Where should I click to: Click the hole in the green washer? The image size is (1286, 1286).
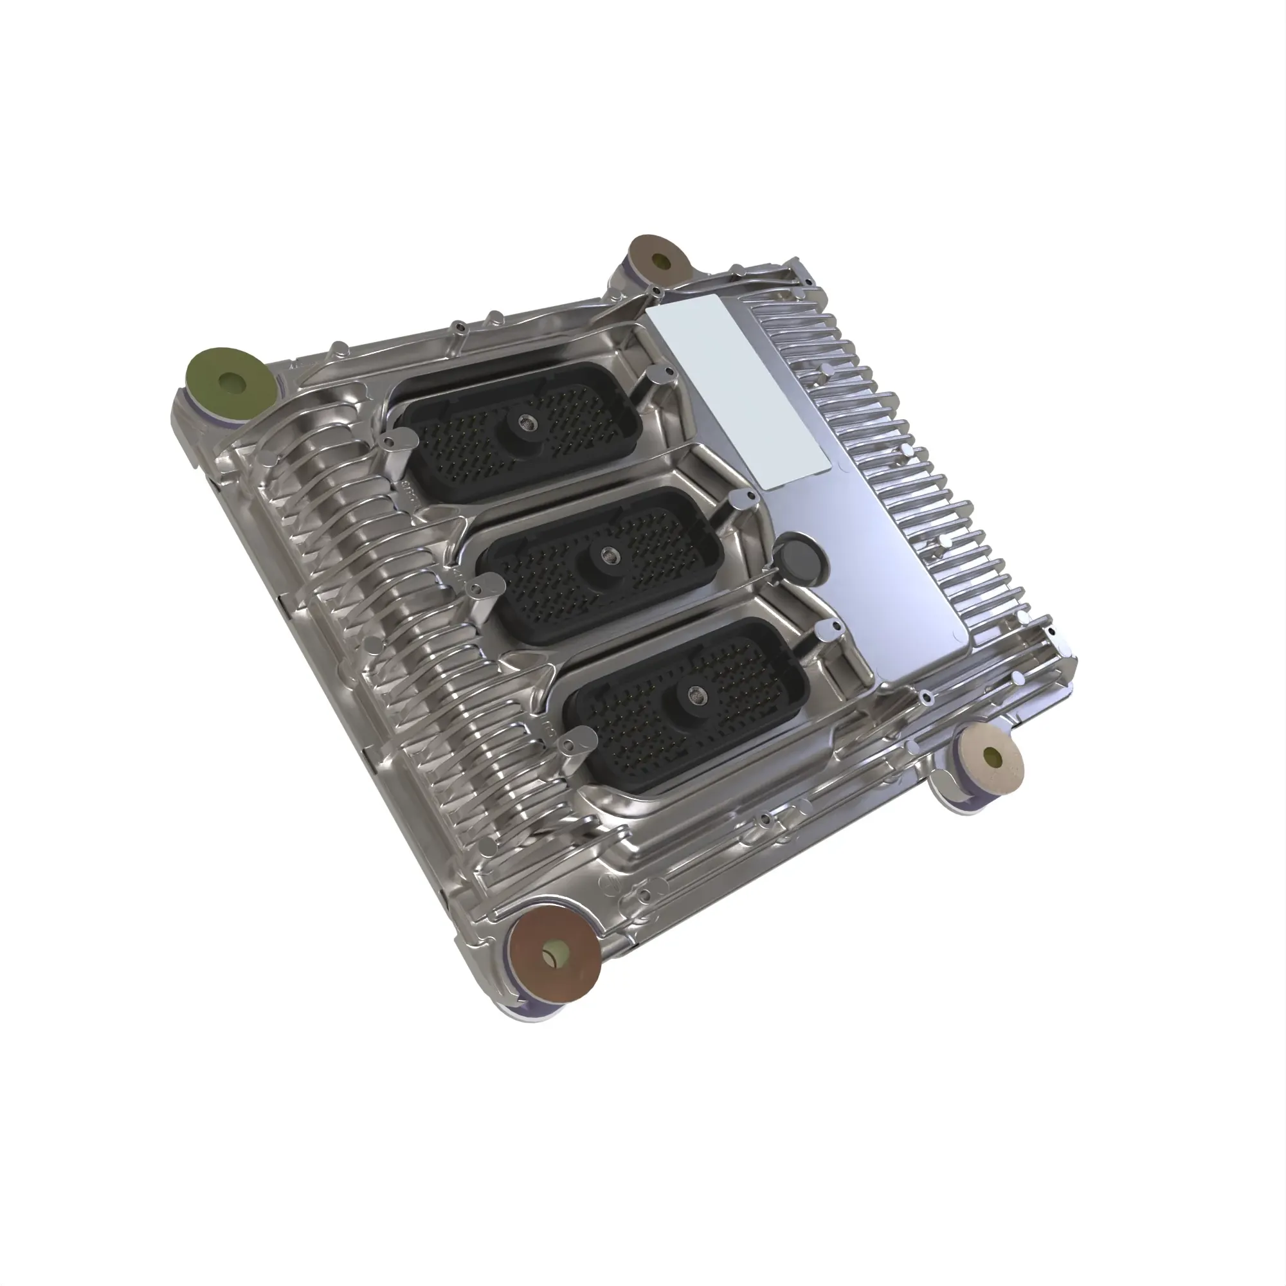click(233, 383)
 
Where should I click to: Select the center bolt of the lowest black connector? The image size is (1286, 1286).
click(696, 693)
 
